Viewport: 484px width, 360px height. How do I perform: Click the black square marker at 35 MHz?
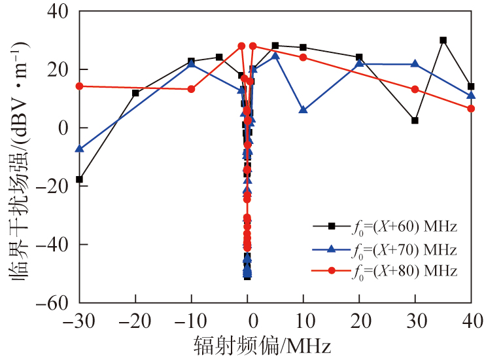point(443,40)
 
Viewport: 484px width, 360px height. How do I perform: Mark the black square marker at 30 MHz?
point(415,120)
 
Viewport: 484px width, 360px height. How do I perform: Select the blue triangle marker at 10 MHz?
point(303,109)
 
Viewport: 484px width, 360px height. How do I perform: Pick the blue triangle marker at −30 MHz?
point(79,149)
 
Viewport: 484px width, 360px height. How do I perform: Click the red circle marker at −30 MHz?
point(79,86)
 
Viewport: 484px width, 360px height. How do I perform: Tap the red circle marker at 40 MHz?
point(471,108)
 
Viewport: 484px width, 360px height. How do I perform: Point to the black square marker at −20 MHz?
point(135,93)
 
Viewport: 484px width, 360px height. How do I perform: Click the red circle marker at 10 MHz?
point(303,57)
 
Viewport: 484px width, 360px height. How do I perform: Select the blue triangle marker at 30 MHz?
point(415,63)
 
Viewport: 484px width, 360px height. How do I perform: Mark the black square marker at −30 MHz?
point(79,179)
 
